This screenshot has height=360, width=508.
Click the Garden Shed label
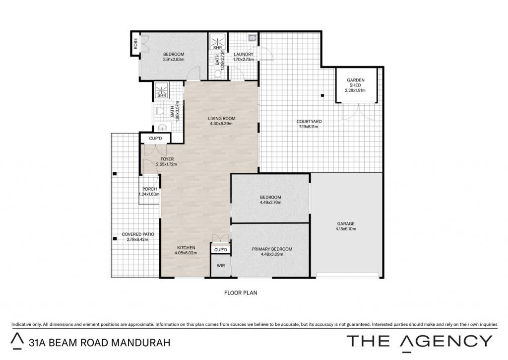356,82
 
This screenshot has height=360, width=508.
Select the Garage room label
346,223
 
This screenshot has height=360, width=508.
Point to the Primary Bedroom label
272,249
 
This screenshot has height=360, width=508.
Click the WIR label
221,266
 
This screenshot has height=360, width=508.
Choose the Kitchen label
186,248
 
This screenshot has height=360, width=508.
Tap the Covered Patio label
138,234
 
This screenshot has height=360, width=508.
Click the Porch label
149,189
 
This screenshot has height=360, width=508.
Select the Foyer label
167,159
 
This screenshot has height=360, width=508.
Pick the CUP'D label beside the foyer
155,139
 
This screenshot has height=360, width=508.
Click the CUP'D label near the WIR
221,250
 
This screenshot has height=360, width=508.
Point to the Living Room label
222,118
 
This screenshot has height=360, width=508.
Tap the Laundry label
243,54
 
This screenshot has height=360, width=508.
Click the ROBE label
135,44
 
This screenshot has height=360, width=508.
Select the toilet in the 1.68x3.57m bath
159,111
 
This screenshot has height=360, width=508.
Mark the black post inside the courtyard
322,95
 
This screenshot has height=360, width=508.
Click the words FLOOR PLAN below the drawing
241,292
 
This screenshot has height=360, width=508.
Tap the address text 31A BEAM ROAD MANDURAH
99,343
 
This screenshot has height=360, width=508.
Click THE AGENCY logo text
420,342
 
